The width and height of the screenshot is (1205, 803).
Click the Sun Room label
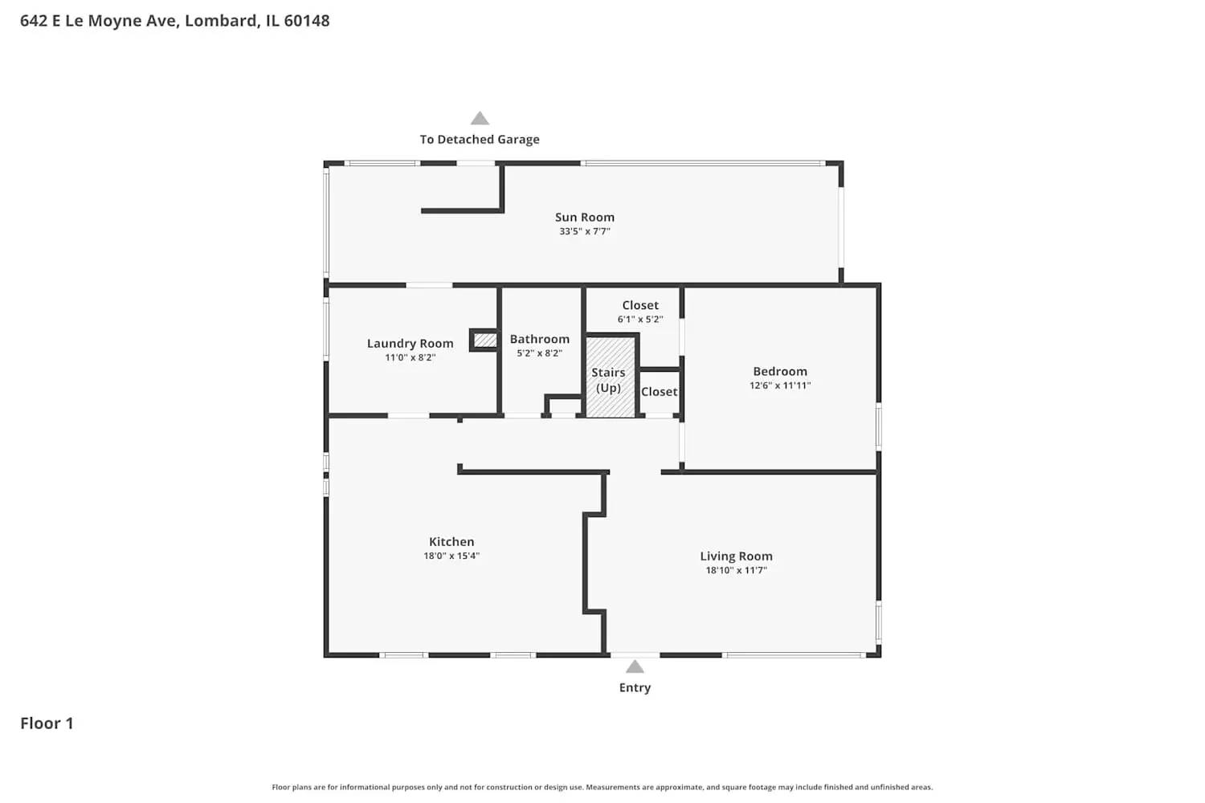coord(585,217)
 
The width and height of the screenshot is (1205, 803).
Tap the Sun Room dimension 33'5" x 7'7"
coord(585,231)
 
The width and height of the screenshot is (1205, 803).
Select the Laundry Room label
coord(410,343)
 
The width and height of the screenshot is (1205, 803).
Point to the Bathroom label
coord(539,339)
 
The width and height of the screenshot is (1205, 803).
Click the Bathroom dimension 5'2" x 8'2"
coord(539,353)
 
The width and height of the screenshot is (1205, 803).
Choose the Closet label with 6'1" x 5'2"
coord(640,305)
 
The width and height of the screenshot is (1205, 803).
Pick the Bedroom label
coord(779,371)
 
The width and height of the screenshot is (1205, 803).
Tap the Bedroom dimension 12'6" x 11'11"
coord(779,385)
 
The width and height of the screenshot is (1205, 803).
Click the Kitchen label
coord(451,541)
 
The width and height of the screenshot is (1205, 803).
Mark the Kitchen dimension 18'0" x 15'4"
coord(451,556)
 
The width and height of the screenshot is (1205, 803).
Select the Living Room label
coord(736,556)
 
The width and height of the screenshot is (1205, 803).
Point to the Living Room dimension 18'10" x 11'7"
coord(736,570)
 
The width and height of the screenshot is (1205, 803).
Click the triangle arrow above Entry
coord(635,666)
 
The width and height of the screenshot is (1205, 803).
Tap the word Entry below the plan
coord(635,687)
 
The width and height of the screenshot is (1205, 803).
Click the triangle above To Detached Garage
coord(480,119)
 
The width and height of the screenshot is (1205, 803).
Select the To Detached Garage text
coord(480,140)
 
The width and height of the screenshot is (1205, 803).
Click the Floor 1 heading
coord(47,724)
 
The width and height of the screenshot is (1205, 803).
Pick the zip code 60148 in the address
coord(306,21)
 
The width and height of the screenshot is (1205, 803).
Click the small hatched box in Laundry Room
coord(484,340)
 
